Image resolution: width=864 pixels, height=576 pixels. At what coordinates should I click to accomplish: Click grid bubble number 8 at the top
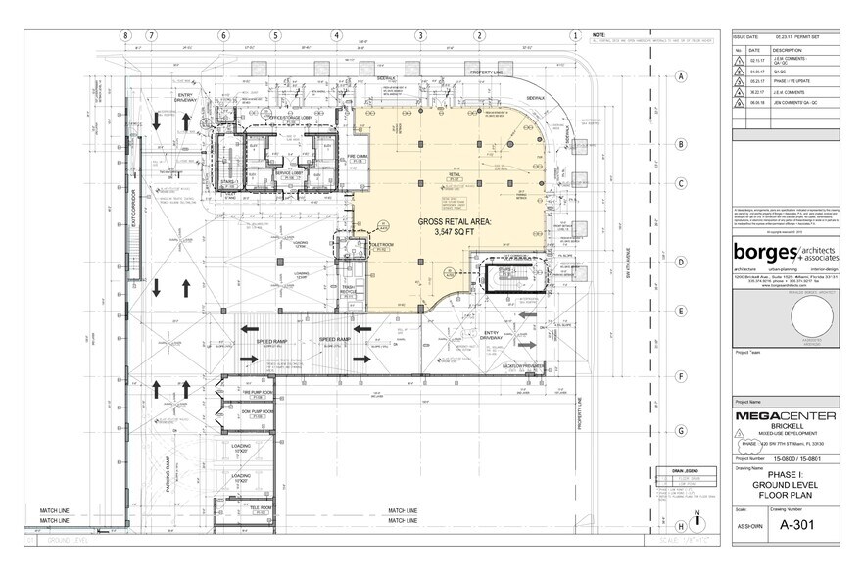[x=125, y=35]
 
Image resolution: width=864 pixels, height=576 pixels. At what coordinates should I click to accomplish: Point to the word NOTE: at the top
[x=600, y=35]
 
